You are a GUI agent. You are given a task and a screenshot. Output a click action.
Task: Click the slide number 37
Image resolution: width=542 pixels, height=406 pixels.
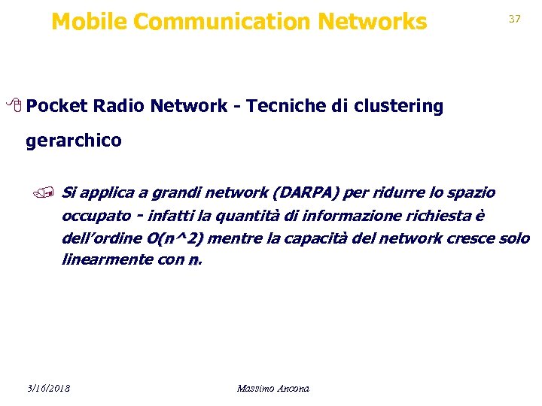[515, 19]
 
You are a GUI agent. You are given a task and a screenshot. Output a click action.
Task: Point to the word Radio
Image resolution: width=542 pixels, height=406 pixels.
[118, 106]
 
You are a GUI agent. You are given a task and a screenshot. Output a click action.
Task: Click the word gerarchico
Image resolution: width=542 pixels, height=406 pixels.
[73, 141]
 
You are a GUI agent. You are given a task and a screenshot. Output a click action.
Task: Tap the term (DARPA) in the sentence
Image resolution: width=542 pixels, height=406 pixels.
[306, 193]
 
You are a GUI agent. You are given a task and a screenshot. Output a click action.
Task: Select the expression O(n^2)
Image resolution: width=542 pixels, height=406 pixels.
[176, 239]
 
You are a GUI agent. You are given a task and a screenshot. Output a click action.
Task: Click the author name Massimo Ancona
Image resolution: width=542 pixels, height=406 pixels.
[273, 388]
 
